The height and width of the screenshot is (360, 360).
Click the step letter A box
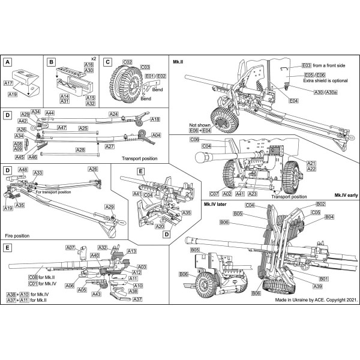coord(8,61)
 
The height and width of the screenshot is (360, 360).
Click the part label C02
coord(127,61)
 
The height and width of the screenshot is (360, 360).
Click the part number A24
coord(113,114)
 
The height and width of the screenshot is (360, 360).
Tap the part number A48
coord(23,170)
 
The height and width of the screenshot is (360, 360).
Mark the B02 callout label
coord(320,205)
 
